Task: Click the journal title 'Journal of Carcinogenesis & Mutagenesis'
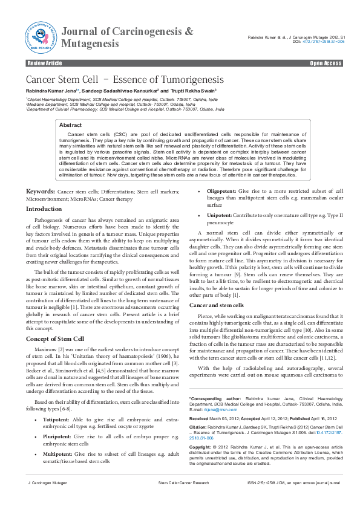pos(128,37)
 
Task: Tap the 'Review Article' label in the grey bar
pos(45,63)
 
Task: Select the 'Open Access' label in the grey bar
pos(326,63)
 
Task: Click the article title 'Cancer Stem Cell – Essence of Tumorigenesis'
pos(125,80)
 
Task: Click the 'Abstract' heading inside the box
pos(70,124)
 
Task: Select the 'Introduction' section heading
pos(44,209)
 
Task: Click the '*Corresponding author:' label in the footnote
pos(209,400)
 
